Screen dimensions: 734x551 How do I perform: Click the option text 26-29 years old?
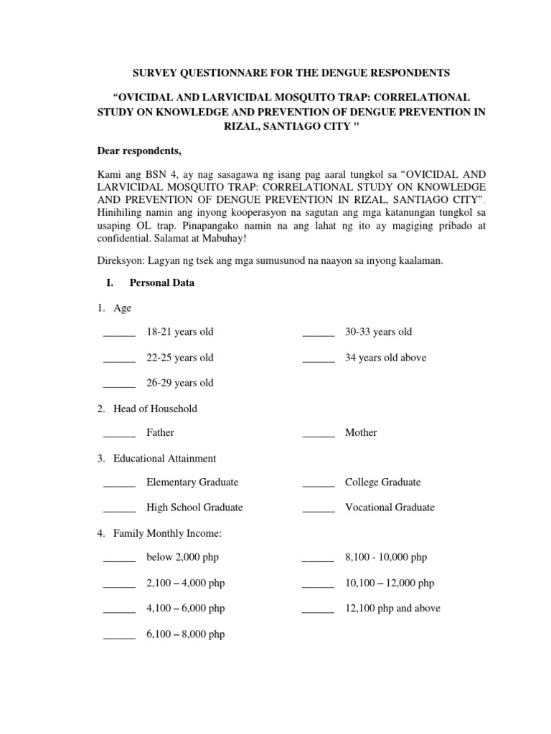tap(180, 383)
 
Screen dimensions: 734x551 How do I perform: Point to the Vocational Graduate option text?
tap(390, 507)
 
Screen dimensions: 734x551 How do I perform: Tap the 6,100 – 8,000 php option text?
tap(185, 634)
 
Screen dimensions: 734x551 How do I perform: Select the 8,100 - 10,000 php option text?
tap(386, 557)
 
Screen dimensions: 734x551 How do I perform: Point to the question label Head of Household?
tap(155, 409)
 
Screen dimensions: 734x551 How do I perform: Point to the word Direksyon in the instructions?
tap(121, 261)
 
